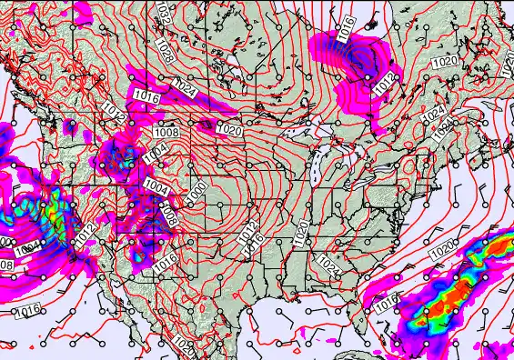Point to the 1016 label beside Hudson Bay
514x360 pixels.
pos(345,27)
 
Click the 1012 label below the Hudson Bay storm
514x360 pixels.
pos(383,82)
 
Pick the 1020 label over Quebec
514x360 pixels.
pos(446,61)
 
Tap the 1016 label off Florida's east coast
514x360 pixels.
pos(386,300)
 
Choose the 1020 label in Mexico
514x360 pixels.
pos(184,346)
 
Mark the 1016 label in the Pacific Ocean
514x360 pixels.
pos(27,311)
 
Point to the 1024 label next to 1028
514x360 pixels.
pos(185,87)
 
